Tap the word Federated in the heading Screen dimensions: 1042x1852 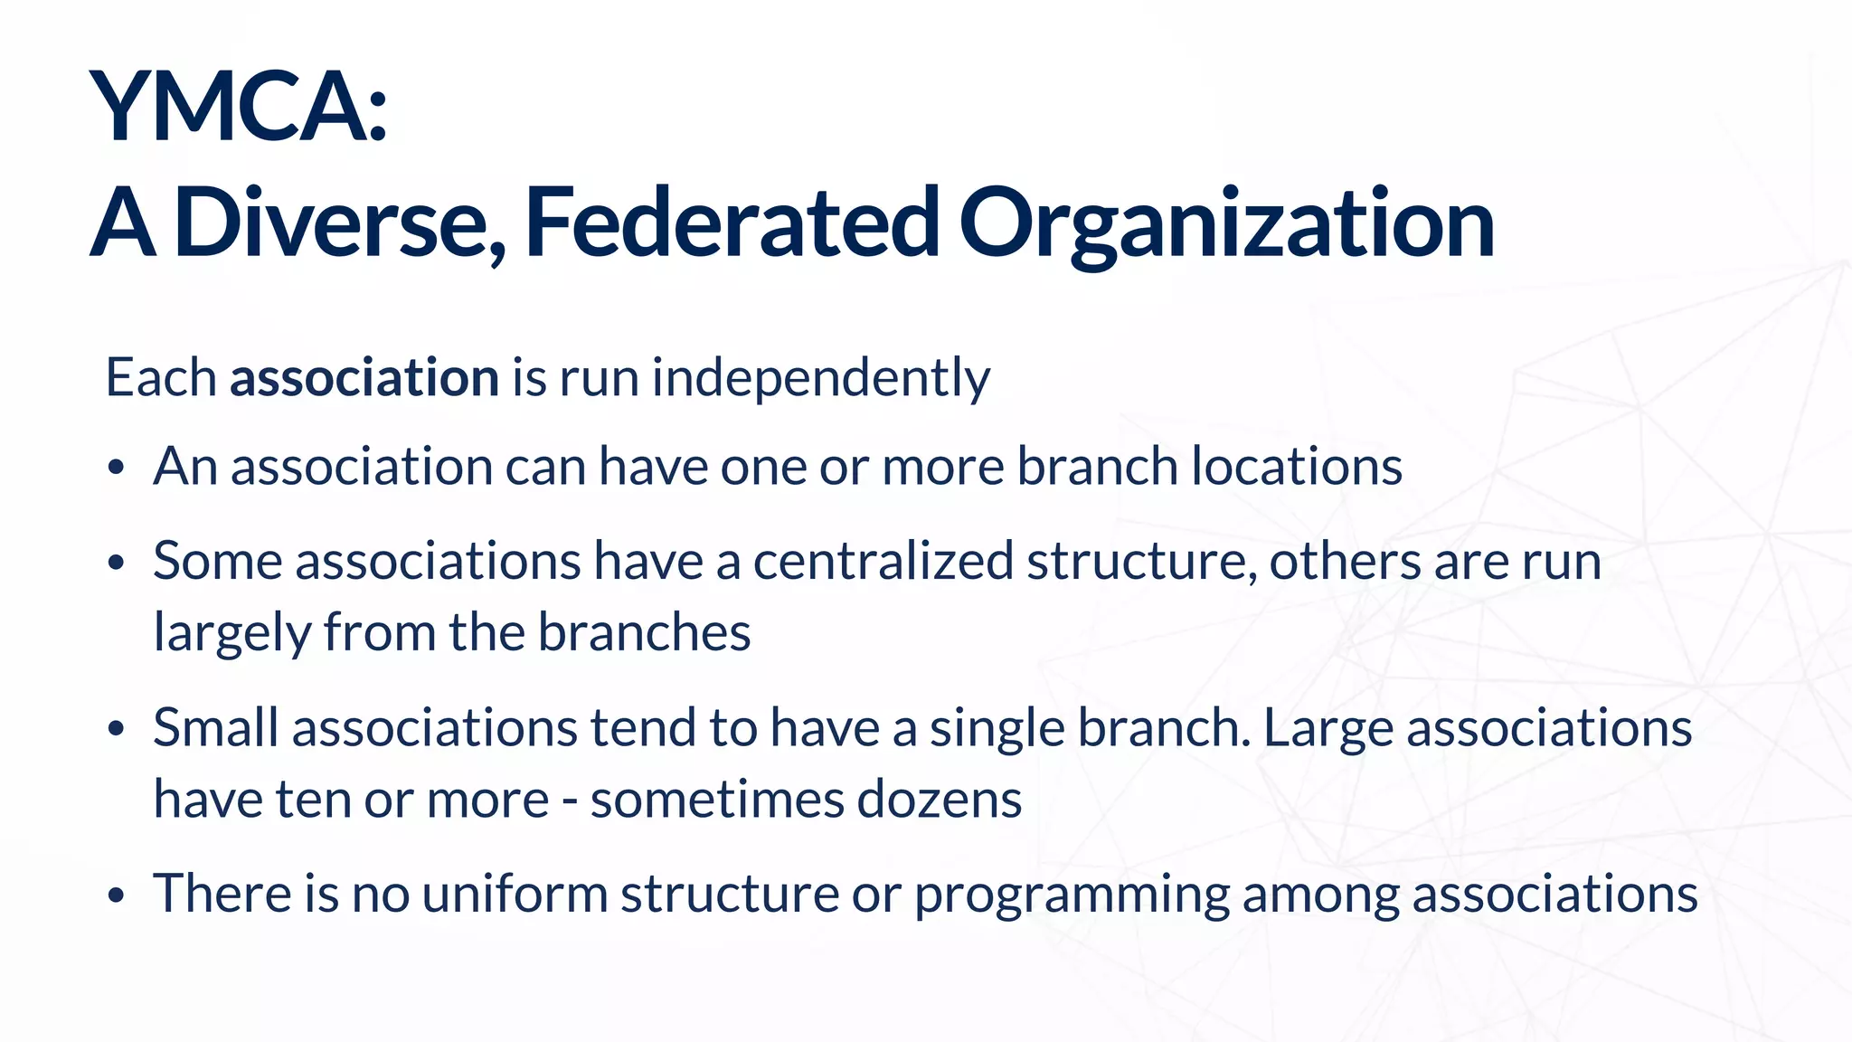pyautogui.click(x=732, y=223)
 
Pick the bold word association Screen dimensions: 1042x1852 pyautogui.click(x=364, y=377)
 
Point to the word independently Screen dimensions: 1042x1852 pyautogui.click(x=820, y=379)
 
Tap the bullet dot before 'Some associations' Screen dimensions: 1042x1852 pyautogui.click(x=115, y=564)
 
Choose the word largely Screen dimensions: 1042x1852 pyautogui.click(x=231, y=633)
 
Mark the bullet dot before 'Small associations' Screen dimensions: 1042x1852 pyautogui.click(x=115, y=730)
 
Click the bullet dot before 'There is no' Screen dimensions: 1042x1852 pyautogui.click(x=115, y=896)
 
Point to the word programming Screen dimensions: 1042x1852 pyautogui.click(x=1072, y=895)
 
